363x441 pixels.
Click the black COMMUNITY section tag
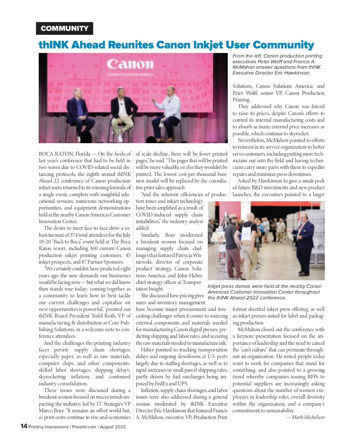click(64, 28)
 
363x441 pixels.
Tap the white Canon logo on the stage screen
click(130, 64)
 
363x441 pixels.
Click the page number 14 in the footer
click(24, 426)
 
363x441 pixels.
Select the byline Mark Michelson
click(308, 417)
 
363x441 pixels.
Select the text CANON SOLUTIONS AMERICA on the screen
click(130, 74)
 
